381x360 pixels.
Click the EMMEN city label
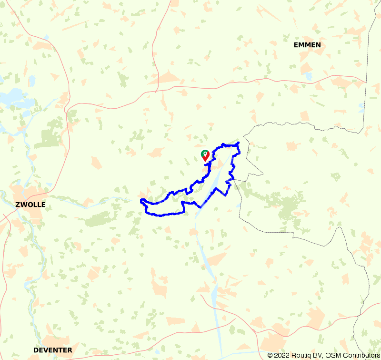click(x=307, y=45)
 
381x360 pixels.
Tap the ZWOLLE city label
click(x=30, y=205)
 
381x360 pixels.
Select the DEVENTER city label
click(x=53, y=350)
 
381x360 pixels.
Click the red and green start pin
click(x=205, y=155)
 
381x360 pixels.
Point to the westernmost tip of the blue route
click(x=141, y=201)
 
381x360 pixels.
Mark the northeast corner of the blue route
click(x=238, y=143)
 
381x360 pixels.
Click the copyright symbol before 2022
click(x=270, y=355)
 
